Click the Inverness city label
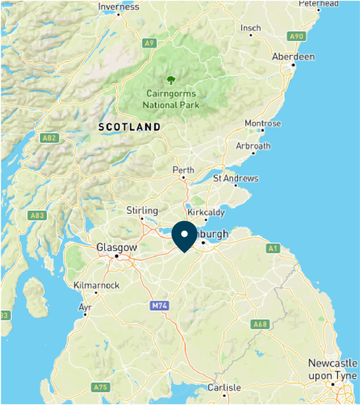click(118, 7)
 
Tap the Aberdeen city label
click(293, 57)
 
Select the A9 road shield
click(149, 43)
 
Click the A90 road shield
click(297, 36)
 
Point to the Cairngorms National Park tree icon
click(171, 81)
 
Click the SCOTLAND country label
click(130, 127)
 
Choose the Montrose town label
click(262, 123)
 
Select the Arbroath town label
click(253, 146)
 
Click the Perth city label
click(184, 170)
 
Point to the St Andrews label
click(236, 178)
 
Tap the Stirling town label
click(142, 210)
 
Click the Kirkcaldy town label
click(206, 212)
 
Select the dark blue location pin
click(184, 236)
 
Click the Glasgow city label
click(117, 247)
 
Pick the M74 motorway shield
click(159, 306)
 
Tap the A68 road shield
click(260, 324)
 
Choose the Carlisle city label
click(224, 387)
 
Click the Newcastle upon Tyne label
click(333, 369)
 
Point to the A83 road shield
click(37, 216)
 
